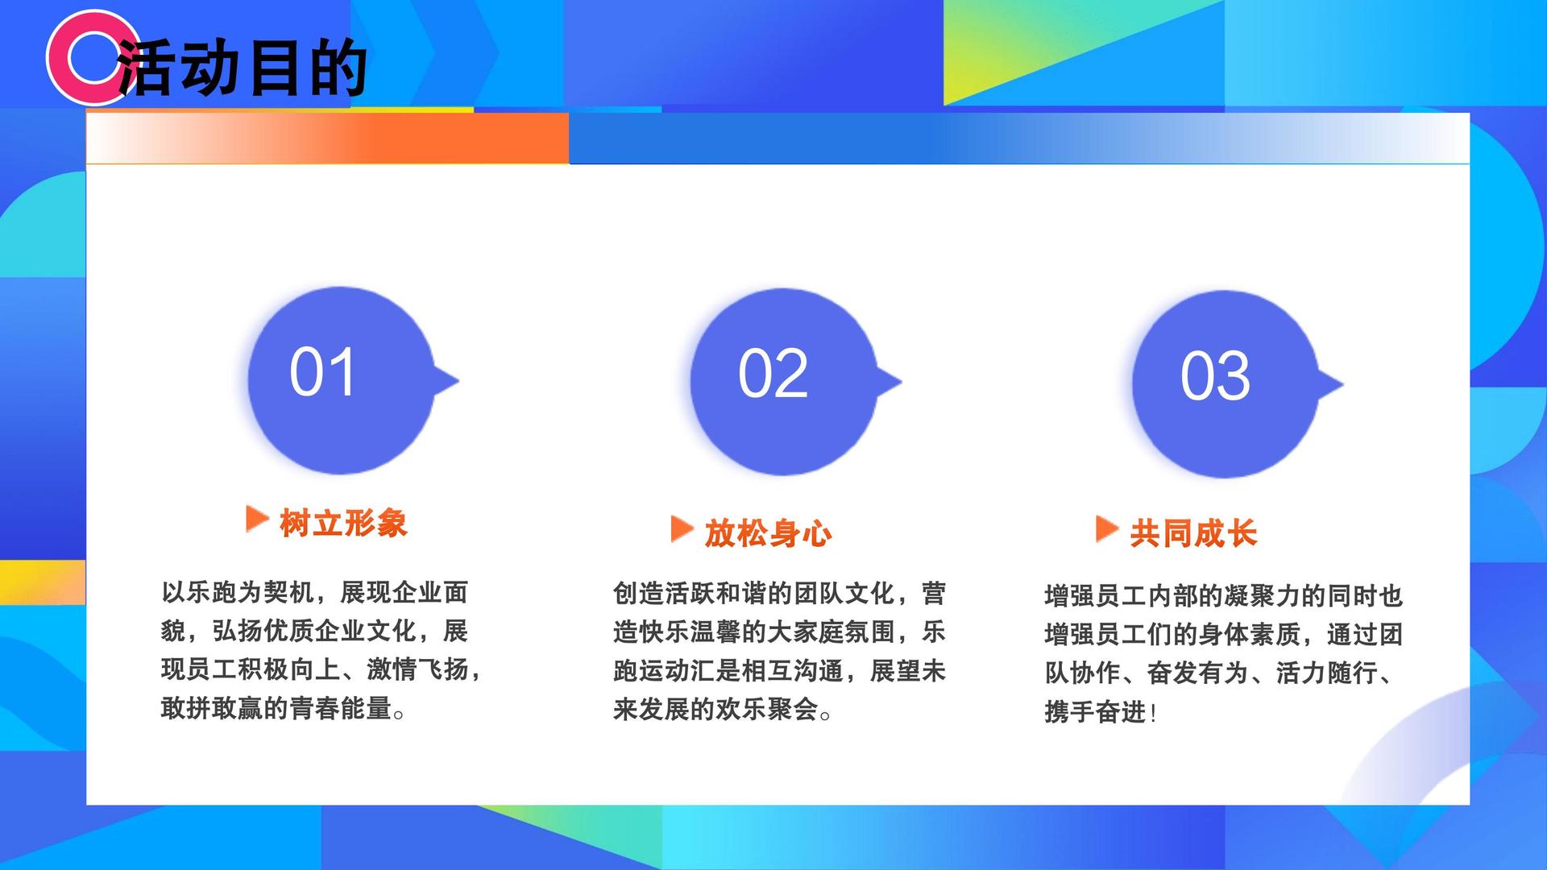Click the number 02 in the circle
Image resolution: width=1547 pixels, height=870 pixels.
(x=773, y=373)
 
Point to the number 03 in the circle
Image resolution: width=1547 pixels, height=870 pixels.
(x=1215, y=375)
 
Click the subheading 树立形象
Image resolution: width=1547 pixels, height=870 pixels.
(x=343, y=524)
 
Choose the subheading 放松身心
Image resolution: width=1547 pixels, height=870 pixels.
(x=768, y=533)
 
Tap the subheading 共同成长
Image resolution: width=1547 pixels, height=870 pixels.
(x=1193, y=533)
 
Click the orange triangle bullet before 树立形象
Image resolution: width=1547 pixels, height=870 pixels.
(x=256, y=519)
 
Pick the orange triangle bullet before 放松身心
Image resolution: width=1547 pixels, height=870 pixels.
(x=682, y=528)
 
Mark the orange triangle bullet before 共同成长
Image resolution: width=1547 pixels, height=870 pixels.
(x=1107, y=528)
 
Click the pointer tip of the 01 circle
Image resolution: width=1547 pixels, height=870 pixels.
(x=459, y=380)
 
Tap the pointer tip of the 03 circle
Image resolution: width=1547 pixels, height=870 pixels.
(x=1344, y=384)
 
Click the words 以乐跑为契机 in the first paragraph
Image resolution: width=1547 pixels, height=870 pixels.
(x=238, y=592)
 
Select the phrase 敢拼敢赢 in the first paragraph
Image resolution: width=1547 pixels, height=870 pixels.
(x=212, y=708)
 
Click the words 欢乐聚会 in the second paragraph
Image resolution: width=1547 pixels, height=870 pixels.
(x=766, y=710)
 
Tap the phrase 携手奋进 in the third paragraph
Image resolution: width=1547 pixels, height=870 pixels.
(x=1095, y=712)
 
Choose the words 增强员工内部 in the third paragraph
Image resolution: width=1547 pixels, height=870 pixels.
(x=1121, y=596)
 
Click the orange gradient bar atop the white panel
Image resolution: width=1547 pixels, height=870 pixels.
(x=327, y=139)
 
